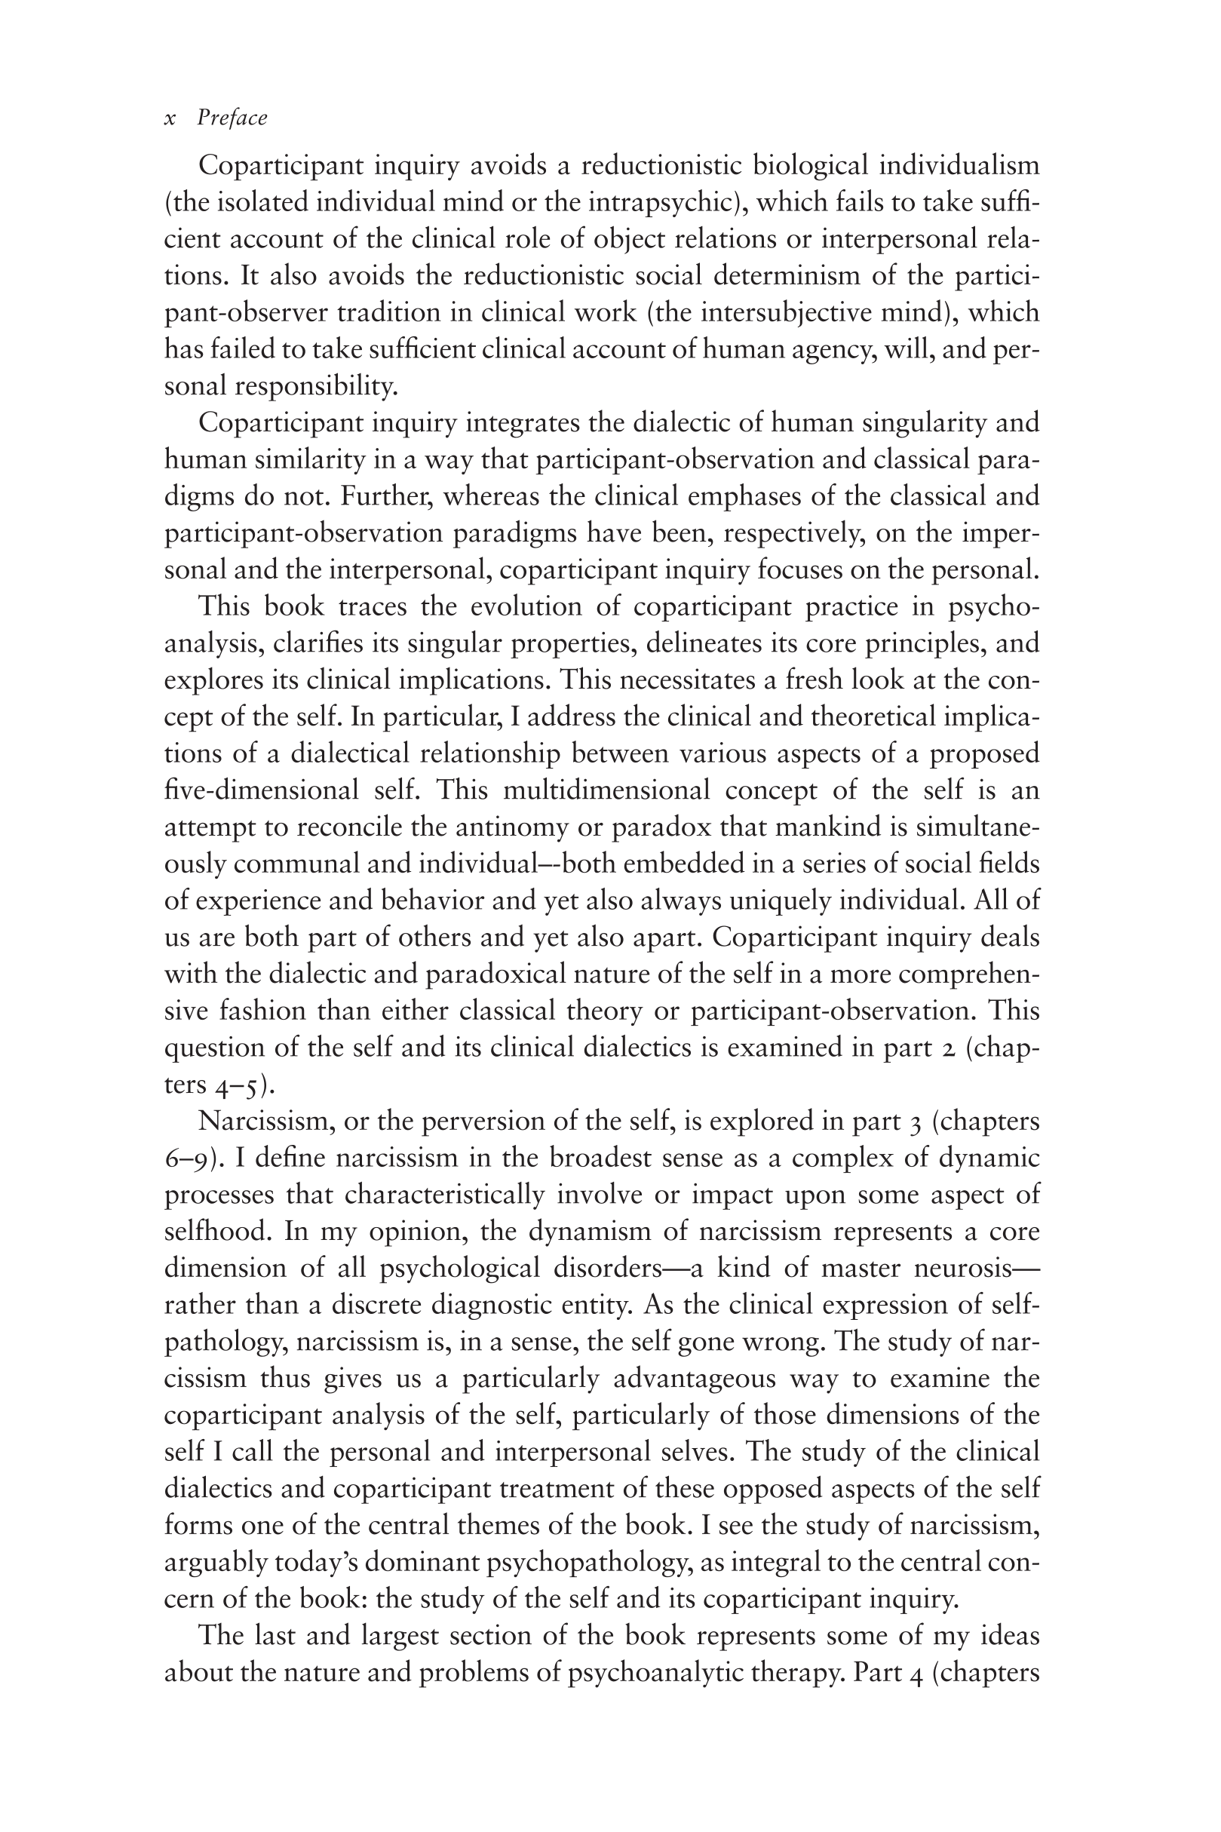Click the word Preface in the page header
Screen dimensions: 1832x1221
[232, 118]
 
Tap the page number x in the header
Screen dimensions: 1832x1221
[170, 119]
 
